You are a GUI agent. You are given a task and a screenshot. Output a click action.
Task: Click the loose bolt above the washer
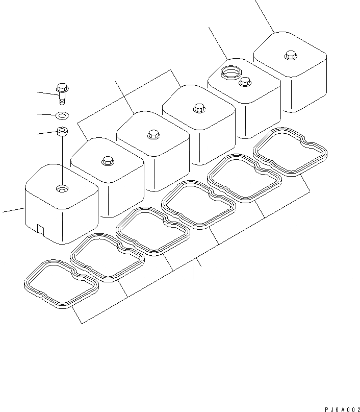coord(62,93)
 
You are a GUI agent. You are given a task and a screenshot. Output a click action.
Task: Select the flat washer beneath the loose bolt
coord(62,115)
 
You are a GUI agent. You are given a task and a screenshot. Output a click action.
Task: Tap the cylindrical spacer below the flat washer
coord(62,131)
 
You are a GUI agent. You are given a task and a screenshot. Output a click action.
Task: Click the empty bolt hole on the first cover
coord(62,189)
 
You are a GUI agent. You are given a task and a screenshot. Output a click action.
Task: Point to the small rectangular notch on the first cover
coord(41,229)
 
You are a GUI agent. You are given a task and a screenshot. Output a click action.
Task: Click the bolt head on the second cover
coord(108,161)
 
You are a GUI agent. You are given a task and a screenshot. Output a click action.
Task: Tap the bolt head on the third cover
coord(153,134)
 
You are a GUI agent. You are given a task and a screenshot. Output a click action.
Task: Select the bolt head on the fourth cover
coord(199,108)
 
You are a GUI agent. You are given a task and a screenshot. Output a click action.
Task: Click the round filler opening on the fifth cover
coord(231,71)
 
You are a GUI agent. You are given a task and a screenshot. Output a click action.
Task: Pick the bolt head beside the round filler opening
coord(245,82)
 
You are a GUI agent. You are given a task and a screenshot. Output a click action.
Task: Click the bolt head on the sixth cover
coord(291,55)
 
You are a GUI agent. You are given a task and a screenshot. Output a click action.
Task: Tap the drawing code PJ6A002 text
coord(342,409)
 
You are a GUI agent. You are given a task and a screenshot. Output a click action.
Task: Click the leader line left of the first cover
coord(14,210)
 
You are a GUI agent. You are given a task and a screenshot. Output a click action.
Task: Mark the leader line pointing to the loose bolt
coord(47,93)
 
